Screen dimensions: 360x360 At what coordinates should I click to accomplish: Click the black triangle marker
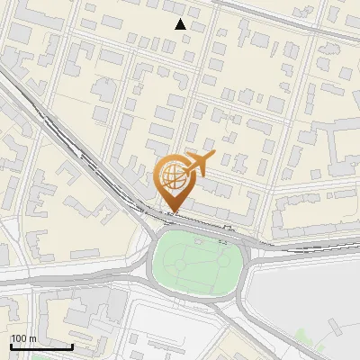[x=181, y=24]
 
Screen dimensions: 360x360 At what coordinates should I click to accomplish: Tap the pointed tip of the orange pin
[x=171, y=212]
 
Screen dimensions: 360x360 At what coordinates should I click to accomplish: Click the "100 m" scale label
[x=23, y=338]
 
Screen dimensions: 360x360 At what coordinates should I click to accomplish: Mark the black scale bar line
[x=41, y=346]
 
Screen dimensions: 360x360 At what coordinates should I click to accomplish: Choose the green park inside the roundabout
[x=198, y=261]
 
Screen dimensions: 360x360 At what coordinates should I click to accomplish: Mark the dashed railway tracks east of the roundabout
[x=306, y=246]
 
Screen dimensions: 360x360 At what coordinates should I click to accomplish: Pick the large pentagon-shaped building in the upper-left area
[x=103, y=89]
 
